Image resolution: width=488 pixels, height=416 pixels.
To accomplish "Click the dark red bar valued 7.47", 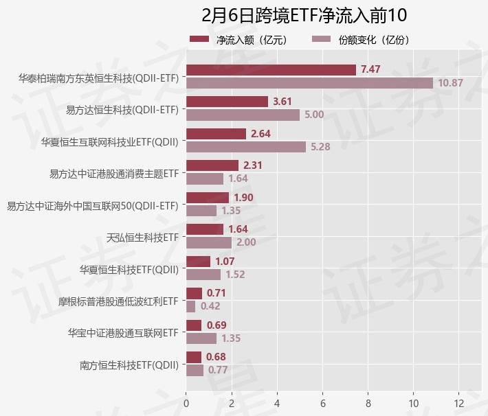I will point(271,69).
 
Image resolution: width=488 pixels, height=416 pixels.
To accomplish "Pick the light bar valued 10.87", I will point(309,82).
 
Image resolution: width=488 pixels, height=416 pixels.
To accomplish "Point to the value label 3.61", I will point(282,102).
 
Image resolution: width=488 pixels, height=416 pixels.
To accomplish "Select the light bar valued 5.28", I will point(245,146).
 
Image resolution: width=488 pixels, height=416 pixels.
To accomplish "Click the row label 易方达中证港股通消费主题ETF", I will point(114,174).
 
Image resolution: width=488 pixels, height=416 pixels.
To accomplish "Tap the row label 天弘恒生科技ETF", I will point(142,238).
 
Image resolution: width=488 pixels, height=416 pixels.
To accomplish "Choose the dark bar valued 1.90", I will point(207,198).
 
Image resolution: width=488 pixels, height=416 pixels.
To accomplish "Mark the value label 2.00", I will point(246,242).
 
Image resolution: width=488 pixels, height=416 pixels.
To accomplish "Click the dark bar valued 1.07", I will point(198,262).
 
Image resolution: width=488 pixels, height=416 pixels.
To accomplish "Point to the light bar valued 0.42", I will point(190,306).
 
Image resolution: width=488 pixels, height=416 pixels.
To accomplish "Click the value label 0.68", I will point(216,357).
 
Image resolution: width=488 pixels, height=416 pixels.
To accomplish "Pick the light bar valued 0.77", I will point(195,370).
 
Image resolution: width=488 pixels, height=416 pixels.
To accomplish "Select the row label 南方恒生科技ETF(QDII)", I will point(129,365).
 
